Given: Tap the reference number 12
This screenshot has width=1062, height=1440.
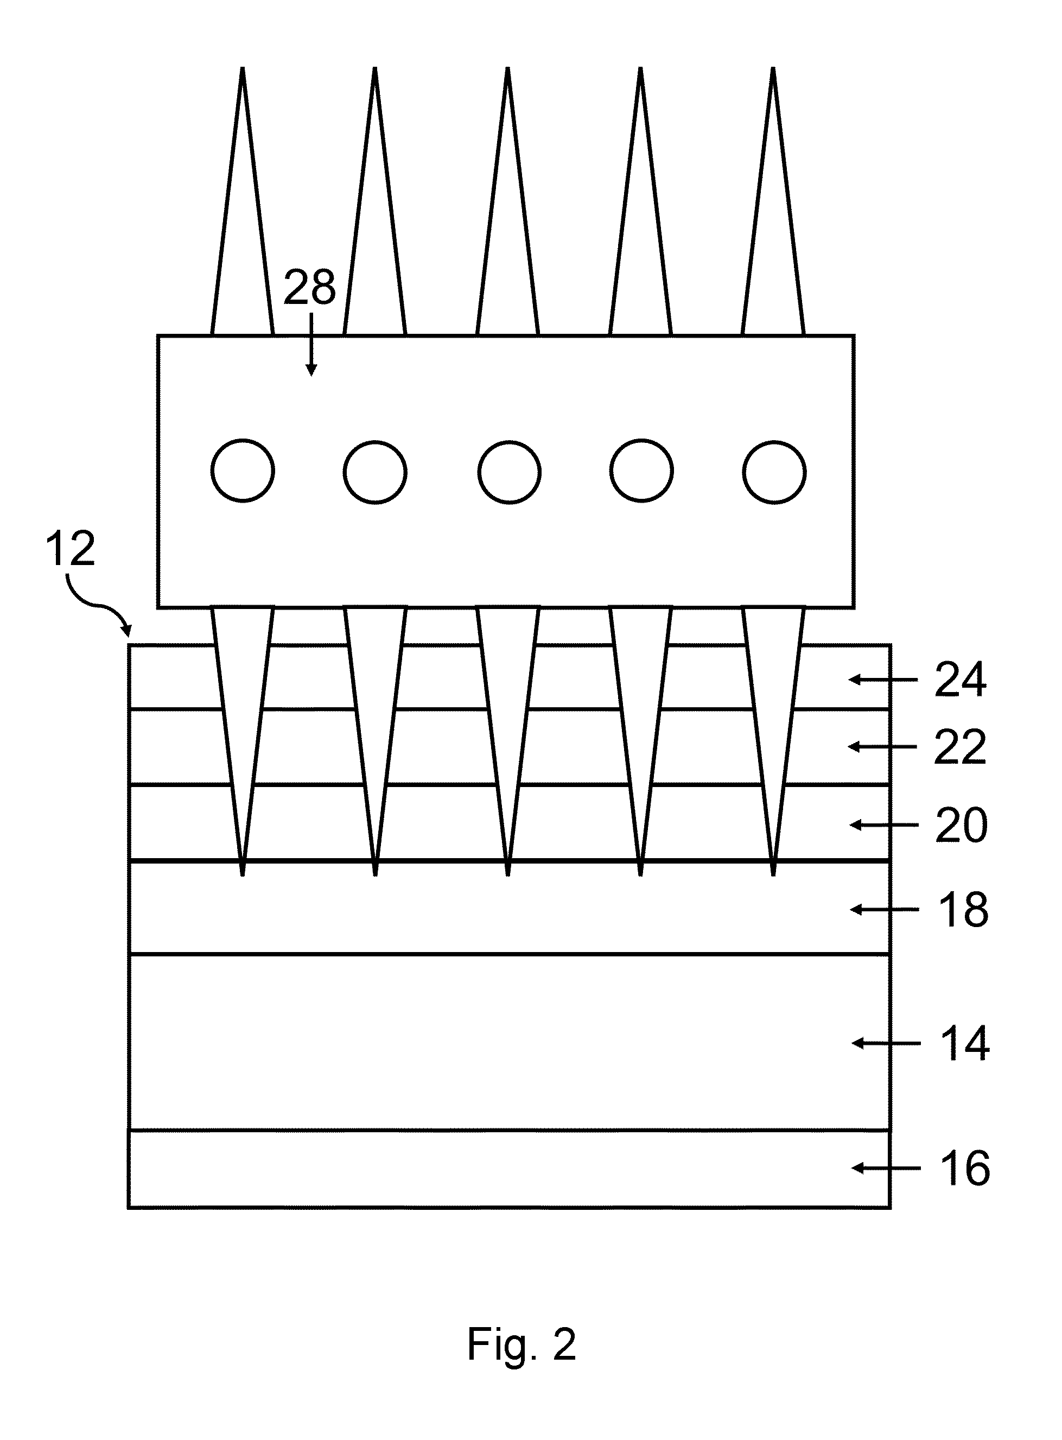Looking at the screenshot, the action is (x=70, y=548).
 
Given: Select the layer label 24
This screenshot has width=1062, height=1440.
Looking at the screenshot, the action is (x=961, y=680).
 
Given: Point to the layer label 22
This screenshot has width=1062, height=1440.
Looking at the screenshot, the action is (x=961, y=747).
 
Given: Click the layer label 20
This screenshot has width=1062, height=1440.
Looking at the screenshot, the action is (x=961, y=826).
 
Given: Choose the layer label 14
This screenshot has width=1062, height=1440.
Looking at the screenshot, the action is (x=964, y=1043).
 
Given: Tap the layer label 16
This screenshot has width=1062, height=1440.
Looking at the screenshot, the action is (x=965, y=1168).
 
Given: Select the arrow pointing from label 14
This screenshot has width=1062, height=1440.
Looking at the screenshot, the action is (x=885, y=1043).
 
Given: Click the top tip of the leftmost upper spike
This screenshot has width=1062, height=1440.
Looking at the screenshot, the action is (x=243, y=67).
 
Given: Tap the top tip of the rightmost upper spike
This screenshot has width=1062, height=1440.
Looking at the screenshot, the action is (x=773, y=67).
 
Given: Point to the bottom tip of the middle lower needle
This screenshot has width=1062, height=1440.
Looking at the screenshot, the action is (x=508, y=876).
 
